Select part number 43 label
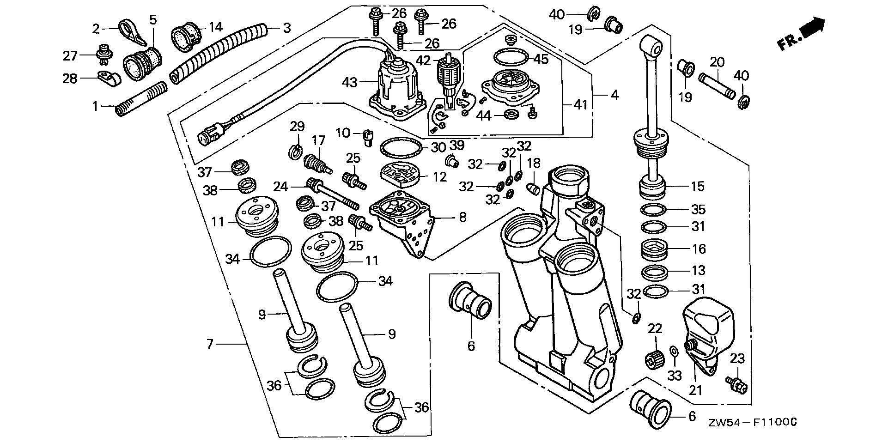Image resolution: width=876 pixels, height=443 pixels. pyautogui.click(x=349, y=83)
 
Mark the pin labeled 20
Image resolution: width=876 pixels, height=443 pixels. pyautogui.click(x=717, y=78)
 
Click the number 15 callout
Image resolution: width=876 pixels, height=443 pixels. pyautogui.click(x=698, y=187)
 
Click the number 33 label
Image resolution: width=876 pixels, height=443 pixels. pyautogui.click(x=675, y=376)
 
